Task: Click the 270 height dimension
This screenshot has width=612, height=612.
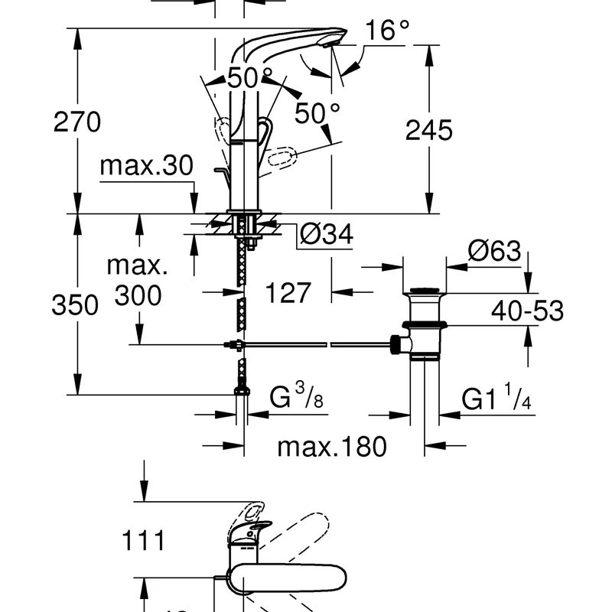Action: (x=76, y=122)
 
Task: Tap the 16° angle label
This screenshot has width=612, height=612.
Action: (x=386, y=31)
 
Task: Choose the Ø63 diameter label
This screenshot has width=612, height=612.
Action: (x=494, y=251)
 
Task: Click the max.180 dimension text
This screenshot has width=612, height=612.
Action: (x=332, y=446)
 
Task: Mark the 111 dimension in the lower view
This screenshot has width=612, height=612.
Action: (x=143, y=542)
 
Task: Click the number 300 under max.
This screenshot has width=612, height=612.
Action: (x=138, y=295)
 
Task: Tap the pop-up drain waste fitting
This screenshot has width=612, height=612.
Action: (x=423, y=321)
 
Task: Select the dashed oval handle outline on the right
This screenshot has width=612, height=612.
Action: (x=283, y=160)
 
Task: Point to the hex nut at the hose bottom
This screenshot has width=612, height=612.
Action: (x=242, y=391)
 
